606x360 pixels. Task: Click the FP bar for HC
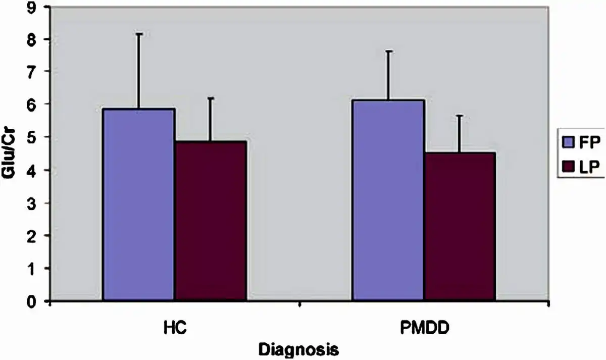tap(139, 204)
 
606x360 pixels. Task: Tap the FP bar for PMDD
tap(388, 200)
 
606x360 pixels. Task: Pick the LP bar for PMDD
tap(460, 227)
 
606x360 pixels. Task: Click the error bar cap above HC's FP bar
tap(139, 34)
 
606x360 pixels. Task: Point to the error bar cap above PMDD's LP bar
tap(460, 116)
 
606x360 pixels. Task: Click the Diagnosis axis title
tap(298, 349)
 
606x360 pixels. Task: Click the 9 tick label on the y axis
tap(34, 7)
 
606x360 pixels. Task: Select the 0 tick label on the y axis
tap(34, 301)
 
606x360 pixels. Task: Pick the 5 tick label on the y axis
tap(34, 137)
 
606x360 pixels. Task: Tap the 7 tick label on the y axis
tap(34, 72)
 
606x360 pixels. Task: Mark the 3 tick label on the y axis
tap(34, 203)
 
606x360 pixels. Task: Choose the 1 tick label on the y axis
tap(34, 269)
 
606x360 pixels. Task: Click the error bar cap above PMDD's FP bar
tap(388, 51)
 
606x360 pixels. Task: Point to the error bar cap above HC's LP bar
tap(211, 98)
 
